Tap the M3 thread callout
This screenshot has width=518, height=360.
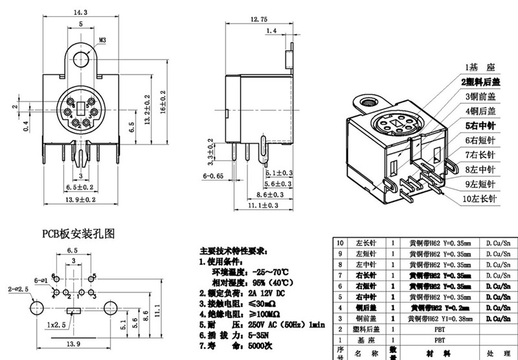[x=103, y=39]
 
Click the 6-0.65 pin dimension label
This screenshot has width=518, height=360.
[x=213, y=175]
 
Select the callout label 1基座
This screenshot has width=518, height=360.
[x=478, y=67]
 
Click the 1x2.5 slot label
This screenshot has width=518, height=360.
[x=57, y=322]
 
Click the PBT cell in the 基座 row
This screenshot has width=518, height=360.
[x=440, y=338]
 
